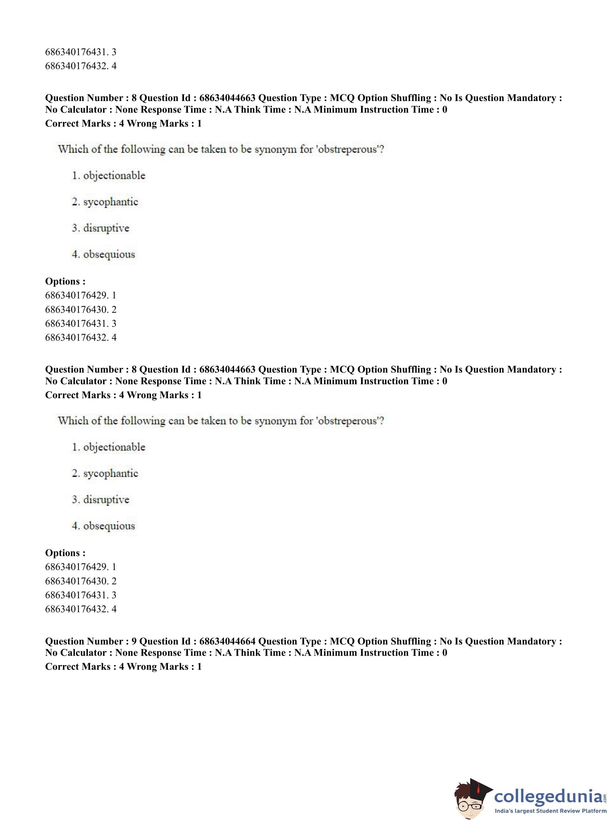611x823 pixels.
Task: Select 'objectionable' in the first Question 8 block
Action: pyautogui.click(x=114, y=176)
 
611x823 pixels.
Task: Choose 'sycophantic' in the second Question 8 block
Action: pyautogui.click(x=110, y=473)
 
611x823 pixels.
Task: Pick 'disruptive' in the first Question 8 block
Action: pyautogui.click(x=106, y=228)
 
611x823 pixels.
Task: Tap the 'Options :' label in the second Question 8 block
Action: pyautogui.click(x=65, y=553)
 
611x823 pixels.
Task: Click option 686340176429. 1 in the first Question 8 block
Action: pyautogui.click(x=81, y=295)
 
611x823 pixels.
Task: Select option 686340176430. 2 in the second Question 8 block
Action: pyautogui.click(x=81, y=581)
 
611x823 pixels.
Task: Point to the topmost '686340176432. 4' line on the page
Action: pyautogui.click(x=81, y=66)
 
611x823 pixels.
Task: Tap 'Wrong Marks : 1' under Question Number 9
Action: pyautogui.click(x=164, y=666)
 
